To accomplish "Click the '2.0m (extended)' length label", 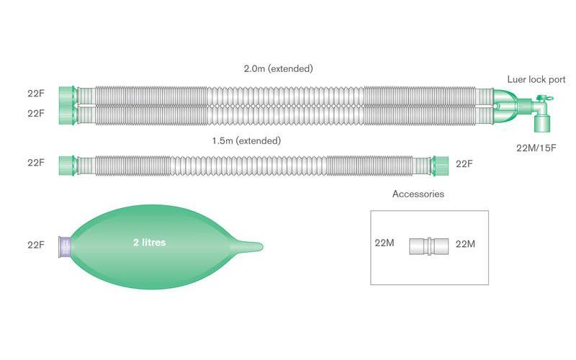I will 278,69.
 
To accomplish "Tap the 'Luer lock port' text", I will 536,79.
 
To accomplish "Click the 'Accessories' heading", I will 418,194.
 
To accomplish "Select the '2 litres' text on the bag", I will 148,243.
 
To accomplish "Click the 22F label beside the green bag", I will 37,245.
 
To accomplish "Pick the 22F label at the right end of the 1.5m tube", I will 465,163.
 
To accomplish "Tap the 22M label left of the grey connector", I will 384,244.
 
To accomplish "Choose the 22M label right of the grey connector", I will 466,244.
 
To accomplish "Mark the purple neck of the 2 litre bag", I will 64,246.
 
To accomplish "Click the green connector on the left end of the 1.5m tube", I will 68,163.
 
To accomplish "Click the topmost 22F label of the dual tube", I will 37,94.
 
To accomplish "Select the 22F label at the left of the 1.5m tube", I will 37,163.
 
